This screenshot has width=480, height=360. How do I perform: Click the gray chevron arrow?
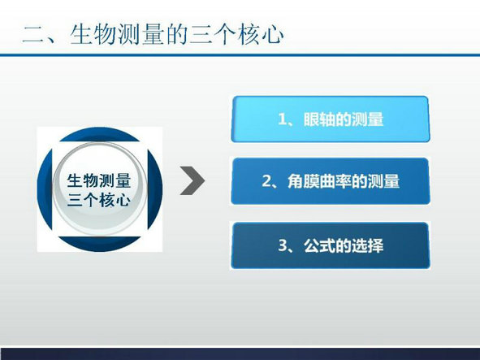click(193, 180)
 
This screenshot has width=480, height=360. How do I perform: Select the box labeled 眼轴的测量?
click(331, 119)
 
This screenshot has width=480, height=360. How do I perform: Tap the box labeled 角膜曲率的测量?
click(331, 181)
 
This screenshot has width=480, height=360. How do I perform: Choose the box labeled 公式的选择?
click(331, 245)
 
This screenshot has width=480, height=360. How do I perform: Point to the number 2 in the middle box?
click(266, 181)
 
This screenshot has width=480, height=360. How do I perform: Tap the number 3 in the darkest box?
click(283, 245)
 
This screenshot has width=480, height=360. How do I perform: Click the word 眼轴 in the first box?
click(319, 119)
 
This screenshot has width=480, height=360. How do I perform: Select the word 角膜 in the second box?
click(304, 181)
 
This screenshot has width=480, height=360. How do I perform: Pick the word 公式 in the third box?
click(319, 245)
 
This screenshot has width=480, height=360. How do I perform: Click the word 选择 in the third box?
click(367, 245)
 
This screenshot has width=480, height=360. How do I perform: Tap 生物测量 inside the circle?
click(99, 180)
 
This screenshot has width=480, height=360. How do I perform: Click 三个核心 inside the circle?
click(99, 200)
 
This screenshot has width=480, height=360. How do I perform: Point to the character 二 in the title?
click(33, 34)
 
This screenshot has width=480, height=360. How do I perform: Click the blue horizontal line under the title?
click(240, 55)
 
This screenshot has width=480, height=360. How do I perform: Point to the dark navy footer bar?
click(240, 353)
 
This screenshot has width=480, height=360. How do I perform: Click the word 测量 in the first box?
click(367, 119)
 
